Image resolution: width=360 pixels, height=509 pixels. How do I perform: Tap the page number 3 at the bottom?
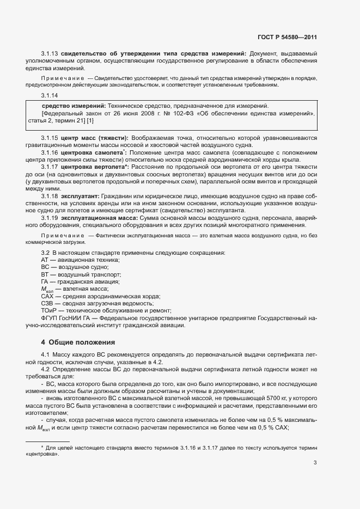pos(315,463)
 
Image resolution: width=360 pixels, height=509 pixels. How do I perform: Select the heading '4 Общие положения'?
pos(78,342)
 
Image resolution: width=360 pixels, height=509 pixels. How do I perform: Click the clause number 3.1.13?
pos(50,53)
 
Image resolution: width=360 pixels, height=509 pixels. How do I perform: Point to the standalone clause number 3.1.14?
pos(50,95)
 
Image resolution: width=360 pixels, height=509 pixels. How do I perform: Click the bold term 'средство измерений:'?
pos(74,106)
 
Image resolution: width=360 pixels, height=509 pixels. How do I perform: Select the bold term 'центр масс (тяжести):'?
pos(95,138)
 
